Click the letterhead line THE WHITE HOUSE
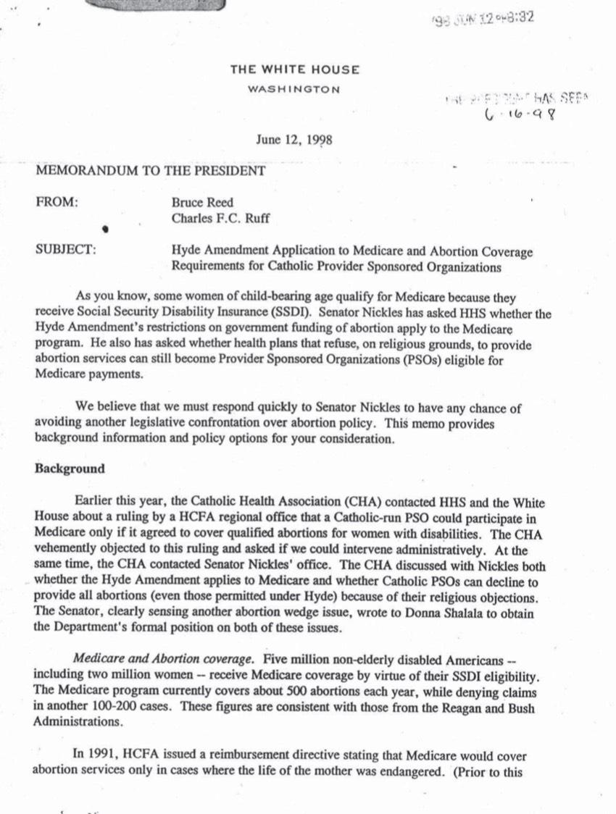[x=294, y=70]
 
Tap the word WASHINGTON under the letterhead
[x=294, y=89]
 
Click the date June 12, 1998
[x=294, y=140]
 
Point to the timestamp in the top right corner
[x=492, y=17]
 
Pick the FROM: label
[x=57, y=203]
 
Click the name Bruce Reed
[x=201, y=204]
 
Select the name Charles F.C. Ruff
[x=219, y=219]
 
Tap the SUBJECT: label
[x=65, y=251]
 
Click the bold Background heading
[x=70, y=468]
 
